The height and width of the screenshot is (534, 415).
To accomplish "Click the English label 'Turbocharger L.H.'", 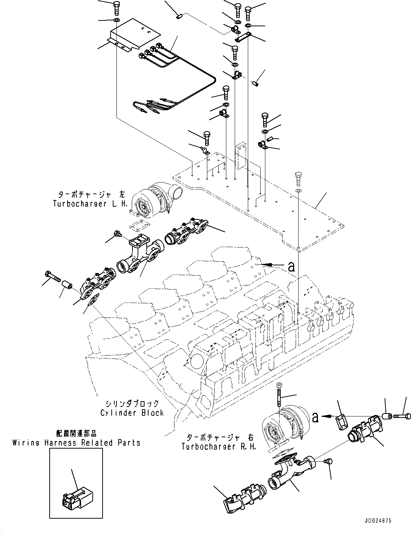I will [90, 204].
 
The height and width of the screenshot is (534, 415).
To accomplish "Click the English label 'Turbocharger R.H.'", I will [219, 446].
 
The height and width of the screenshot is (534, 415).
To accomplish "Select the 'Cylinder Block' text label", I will [132, 413].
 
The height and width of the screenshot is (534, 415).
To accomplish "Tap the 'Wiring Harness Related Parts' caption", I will [76, 443].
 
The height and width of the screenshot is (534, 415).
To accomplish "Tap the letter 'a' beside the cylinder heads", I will [291, 267].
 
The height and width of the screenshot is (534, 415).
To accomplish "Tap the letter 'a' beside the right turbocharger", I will [315, 417].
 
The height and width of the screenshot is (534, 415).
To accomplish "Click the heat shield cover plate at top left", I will [133, 35].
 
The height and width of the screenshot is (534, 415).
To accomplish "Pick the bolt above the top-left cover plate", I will [116, 7].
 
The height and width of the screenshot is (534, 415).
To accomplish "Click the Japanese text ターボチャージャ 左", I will [90, 195].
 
